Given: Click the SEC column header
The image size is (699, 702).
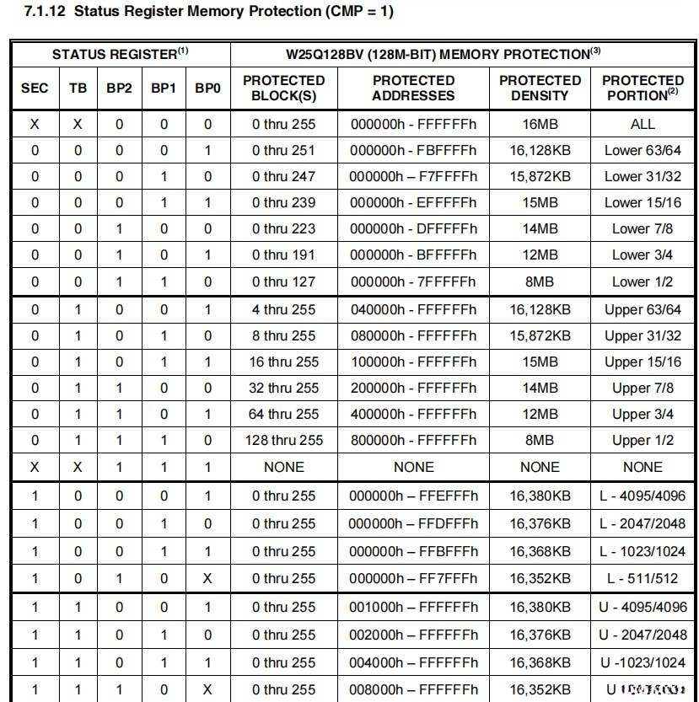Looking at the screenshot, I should (35, 88).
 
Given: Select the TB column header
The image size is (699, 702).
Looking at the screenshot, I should (78, 88).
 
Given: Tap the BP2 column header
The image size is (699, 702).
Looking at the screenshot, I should (119, 88).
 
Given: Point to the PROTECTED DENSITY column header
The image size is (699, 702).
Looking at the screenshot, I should (540, 88).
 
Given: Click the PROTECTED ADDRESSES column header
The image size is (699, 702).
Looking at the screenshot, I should (413, 88).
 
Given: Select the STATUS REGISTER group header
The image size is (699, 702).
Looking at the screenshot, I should (120, 54).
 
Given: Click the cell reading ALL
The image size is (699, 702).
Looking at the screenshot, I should (643, 124).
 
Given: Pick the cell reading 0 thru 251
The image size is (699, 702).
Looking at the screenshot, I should (283, 150).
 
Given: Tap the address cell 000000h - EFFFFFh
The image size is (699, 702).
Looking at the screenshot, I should (413, 202).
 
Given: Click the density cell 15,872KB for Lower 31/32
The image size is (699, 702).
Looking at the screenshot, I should (540, 176).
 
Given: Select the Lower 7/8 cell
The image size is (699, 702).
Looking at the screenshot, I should (643, 228).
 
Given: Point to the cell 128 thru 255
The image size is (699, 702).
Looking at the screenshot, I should (283, 440).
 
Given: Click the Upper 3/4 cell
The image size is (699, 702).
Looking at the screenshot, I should (643, 414).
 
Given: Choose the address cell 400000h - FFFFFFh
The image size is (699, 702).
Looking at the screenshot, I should (413, 414).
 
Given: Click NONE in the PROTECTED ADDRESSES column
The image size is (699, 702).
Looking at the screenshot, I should (413, 466).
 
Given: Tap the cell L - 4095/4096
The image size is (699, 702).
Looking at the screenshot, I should (643, 496).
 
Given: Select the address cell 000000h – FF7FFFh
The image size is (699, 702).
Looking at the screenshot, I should (413, 578).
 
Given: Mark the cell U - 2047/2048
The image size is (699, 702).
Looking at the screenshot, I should (643, 635).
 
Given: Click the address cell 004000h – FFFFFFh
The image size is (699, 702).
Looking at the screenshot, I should (413, 662).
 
